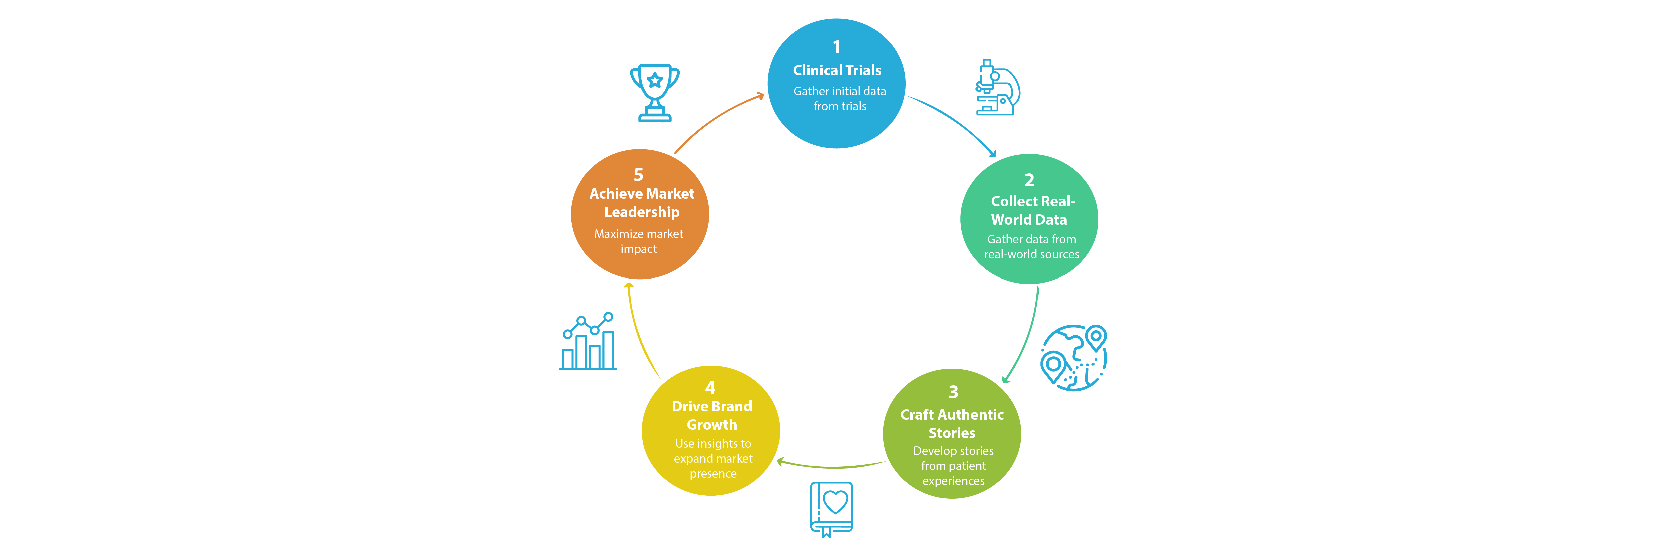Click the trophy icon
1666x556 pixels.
(654, 93)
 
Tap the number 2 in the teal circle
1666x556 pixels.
(1029, 180)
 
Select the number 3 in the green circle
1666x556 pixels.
(953, 392)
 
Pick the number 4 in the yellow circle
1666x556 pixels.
(710, 388)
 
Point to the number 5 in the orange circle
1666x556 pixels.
(638, 175)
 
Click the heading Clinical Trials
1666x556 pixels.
(837, 71)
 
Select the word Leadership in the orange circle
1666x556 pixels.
(641, 212)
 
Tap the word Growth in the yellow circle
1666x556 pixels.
(711, 425)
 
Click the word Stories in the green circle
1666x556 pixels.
(951, 433)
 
